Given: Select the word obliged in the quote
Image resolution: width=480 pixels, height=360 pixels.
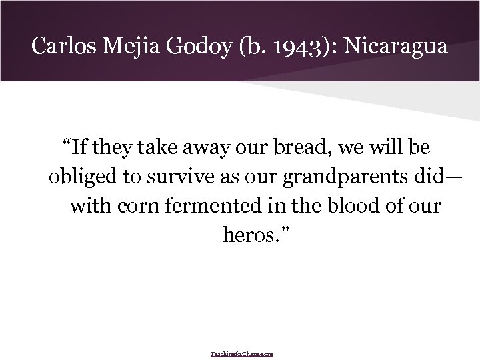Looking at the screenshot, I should [77, 175].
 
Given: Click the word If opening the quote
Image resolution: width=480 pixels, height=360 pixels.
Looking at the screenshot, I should [78, 145].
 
